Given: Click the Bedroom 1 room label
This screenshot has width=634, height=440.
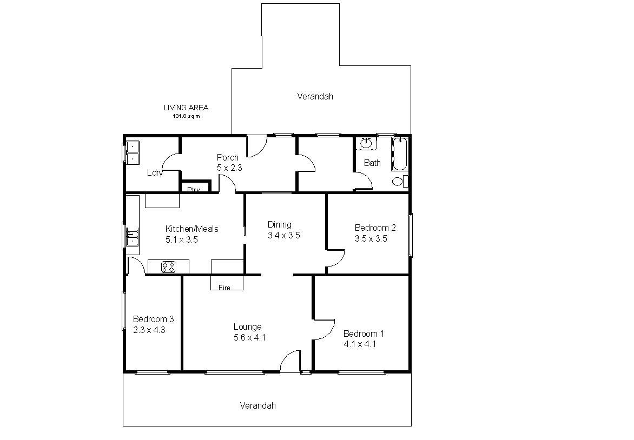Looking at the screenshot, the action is point(364,334).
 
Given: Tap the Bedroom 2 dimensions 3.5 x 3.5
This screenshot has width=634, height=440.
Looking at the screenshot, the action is point(371,238).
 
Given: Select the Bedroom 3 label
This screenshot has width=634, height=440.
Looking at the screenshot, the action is point(153,319).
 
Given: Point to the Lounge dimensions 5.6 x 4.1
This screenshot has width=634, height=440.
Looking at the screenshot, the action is point(249,337).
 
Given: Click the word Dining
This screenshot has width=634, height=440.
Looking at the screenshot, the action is point(279,225).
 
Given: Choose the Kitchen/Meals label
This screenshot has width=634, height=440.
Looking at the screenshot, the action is point(191,229).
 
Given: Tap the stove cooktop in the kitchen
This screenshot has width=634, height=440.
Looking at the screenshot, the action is point(169,266).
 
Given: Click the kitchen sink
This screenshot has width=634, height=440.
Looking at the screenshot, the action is point(132,238).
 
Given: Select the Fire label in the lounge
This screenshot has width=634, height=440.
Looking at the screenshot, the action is point(224,287).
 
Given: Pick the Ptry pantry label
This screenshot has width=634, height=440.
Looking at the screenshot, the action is point(194,190).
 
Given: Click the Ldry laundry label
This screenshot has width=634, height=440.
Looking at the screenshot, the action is point(155,173).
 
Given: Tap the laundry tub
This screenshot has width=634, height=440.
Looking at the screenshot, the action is point(132,153).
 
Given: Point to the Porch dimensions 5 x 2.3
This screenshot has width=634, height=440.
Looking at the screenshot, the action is point(229,168).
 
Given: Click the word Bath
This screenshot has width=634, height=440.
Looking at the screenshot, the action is point(372,163).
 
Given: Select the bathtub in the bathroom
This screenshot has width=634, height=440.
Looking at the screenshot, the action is point(399,154).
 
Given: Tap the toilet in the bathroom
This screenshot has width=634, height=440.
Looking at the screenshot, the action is point(400,182).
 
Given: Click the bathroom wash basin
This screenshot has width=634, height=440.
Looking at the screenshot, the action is point(366,143).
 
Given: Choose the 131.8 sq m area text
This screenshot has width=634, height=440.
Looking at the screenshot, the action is point(187,116).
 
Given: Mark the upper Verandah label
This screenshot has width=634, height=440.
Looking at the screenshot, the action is point(315,97).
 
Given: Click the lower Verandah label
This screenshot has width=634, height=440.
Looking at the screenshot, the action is point(257,405).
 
